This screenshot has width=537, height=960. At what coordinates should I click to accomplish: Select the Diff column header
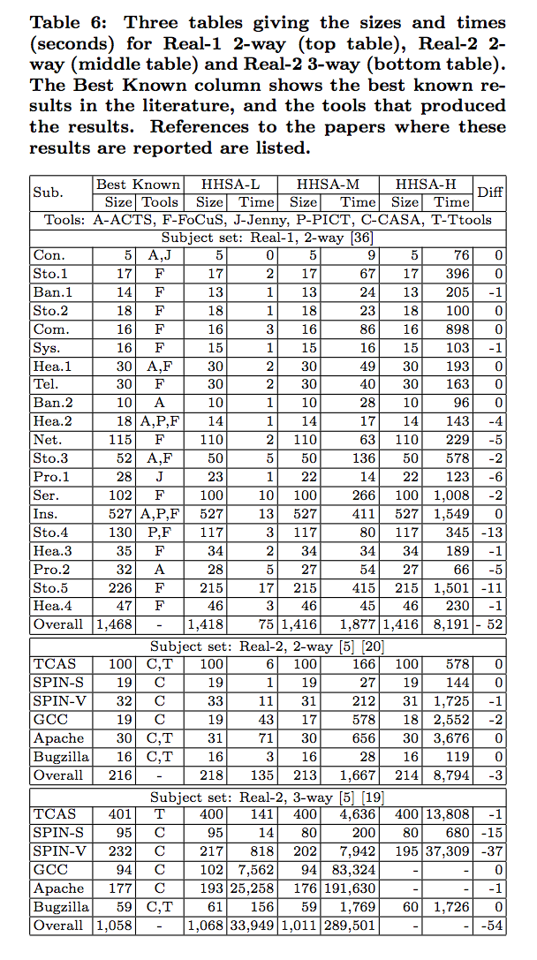point(489,193)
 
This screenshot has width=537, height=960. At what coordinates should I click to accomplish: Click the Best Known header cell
point(138,185)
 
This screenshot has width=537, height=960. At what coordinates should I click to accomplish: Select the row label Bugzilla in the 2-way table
point(58,758)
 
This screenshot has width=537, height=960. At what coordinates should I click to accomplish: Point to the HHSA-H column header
point(426,185)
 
